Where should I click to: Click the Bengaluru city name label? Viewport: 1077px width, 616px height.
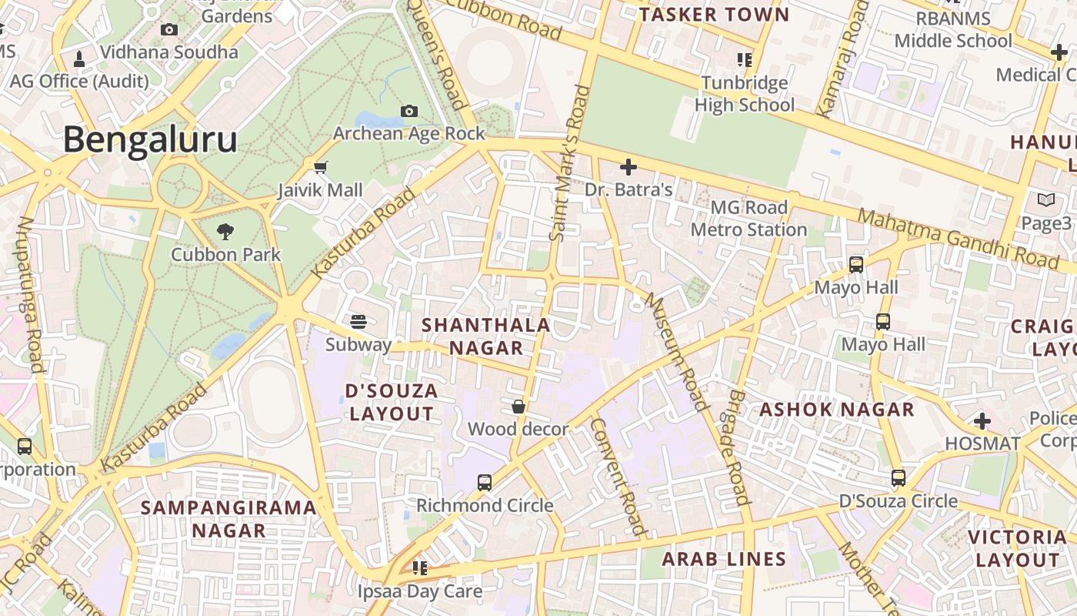150,141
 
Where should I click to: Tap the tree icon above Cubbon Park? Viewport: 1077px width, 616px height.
225,230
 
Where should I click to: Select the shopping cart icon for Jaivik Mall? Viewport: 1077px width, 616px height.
321,167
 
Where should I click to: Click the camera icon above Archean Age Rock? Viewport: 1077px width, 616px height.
409,112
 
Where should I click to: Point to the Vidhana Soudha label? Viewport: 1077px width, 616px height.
169,52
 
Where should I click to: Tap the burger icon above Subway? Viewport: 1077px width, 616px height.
358,321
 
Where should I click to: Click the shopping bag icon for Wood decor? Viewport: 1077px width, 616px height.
518,406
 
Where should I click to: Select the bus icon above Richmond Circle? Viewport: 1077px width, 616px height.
485,483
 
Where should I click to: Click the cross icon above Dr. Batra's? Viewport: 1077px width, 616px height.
629,166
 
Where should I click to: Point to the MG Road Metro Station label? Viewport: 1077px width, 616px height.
749,219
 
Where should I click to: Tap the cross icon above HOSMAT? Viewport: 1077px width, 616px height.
982,421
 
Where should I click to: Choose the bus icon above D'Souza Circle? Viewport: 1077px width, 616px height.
899,478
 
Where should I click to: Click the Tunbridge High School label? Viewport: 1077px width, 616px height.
745,94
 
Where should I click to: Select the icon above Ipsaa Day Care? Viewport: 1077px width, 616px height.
420,568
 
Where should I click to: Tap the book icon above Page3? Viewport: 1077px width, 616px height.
1046,200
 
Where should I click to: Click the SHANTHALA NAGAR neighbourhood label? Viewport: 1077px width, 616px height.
486,336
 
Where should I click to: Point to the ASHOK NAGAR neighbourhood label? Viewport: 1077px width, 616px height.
837,410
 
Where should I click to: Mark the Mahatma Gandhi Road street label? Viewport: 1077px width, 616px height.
959,238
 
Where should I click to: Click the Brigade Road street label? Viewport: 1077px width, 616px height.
737,447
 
